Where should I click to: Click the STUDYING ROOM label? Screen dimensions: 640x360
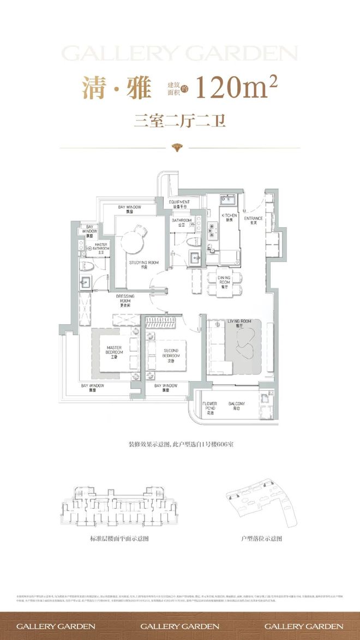pyautogui.click(x=144, y=265)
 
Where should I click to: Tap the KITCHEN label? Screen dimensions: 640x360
pyautogui.click(x=229, y=218)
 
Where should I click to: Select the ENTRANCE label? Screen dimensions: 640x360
pyautogui.click(x=254, y=221)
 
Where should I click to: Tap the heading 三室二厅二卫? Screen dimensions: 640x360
pyautogui.click(x=180, y=119)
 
